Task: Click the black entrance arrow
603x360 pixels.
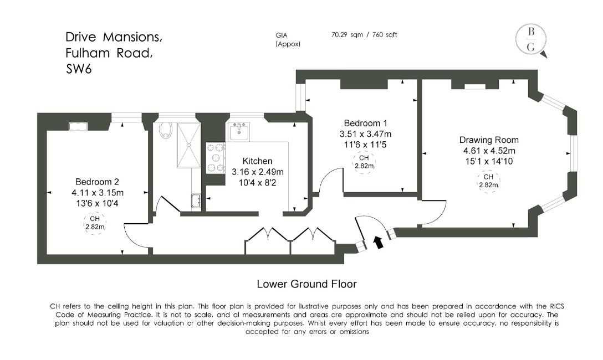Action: pos(379,243)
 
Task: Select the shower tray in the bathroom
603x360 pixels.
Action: pos(189,145)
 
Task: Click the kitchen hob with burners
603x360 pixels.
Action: pos(216,157)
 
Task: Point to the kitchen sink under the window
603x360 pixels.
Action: pos(239,131)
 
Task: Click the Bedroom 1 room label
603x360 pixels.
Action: pos(365,124)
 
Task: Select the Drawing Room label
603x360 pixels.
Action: pos(489,140)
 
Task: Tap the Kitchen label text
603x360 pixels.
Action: pos(257,161)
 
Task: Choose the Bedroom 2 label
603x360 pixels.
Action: pos(98,182)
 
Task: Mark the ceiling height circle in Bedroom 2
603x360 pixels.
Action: pos(95,223)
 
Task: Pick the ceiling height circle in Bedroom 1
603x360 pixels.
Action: pos(364,162)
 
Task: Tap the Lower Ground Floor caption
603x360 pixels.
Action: pos(306,284)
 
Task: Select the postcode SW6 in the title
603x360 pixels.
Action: pos(79,69)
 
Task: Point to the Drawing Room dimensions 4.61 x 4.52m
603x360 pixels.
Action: pos(489,151)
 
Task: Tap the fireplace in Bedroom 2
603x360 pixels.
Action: pos(78,126)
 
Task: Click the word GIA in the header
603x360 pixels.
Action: pos(282,35)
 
